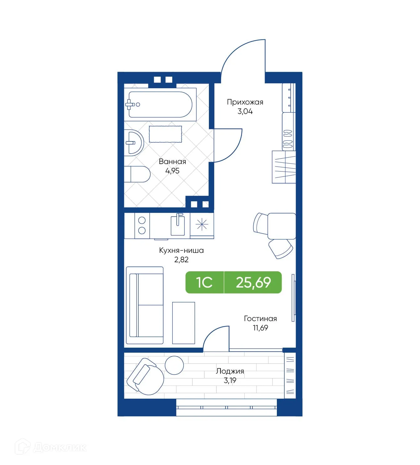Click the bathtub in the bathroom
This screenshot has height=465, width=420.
coord(160,105)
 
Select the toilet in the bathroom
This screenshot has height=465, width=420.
coord(138,174)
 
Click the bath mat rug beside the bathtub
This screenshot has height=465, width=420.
coord(165,134)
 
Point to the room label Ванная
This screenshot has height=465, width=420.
coord(172,162)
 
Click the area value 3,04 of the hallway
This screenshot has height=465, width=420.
coord(245,111)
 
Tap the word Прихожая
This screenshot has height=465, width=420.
coord(245,102)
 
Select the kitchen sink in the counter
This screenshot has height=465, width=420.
coord(178,225)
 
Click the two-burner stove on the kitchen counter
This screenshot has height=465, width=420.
coord(142,225)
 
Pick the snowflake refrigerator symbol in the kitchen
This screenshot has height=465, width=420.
coord(202,224)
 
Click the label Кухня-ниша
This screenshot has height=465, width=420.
coord(181,250)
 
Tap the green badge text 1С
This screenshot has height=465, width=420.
coord(204,282)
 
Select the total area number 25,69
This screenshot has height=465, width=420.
coord(253,282)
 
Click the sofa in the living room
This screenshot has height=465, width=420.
coord(145,305)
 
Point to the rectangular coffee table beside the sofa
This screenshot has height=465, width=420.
coord(184,323)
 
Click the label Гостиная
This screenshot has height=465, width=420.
coord(260,319)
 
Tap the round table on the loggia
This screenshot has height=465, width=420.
coord(174,365)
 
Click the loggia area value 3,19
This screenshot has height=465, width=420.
coord(230,381)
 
